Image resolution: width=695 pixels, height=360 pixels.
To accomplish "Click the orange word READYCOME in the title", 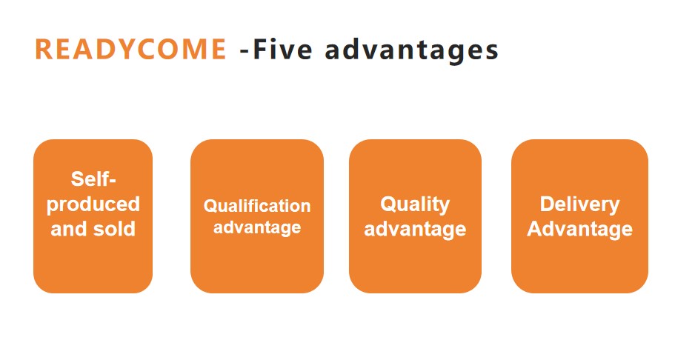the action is coord(130,49).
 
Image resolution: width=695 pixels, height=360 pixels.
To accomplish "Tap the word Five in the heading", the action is coord(282,49).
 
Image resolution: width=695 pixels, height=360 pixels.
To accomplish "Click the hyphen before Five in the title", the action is coord(245,52).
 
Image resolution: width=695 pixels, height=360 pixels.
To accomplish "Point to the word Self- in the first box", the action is coord(93,179).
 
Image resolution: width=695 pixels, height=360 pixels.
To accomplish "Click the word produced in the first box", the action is coord(93,205).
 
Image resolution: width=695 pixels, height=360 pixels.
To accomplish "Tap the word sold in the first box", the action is coord(114,229).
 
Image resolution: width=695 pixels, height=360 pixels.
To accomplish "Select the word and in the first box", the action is coord(69,229).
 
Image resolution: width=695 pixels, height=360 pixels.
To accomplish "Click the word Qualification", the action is coord(257,206).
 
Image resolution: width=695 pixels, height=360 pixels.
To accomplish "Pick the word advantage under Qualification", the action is coord(257,228).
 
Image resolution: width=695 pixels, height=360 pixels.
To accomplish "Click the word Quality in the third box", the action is coord(415,205).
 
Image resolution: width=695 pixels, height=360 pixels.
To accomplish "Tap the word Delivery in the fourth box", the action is coord(579,205).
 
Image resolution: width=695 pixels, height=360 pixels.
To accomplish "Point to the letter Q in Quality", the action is coord(388,204).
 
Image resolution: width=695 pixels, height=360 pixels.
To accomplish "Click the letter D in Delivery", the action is coord(548,204).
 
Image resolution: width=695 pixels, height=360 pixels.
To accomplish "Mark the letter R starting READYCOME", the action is coord(43,49).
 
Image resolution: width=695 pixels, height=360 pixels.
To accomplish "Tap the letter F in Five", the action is coord(260,49).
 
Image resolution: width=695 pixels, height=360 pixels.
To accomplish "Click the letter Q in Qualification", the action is coord(210,206).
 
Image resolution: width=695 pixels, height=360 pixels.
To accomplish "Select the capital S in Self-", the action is coord(78,179).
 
